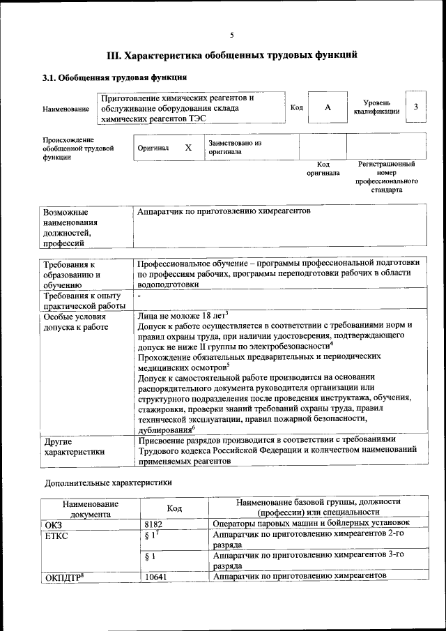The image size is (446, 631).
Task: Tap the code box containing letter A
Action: pyautogui.click(x=327, y=108)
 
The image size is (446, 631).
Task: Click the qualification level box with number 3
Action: pyautogui.click(x=415, y=107)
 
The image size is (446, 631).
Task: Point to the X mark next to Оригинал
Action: pyautogui.click(x=188, y=148)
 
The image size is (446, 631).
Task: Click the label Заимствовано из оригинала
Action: pyautogui.click(x=234, y=146)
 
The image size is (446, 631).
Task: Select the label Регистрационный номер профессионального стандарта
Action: pyautogui.click(x=386, y=176)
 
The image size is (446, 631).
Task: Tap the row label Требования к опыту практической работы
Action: pyautogui.click(x=84, y=301)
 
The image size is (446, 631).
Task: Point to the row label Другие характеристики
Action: pyautogui.click(x=75, y=446)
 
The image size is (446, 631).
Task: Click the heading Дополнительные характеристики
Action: pyautogui.click(x=108, y=482)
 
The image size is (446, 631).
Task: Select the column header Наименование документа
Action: pyautogui.click(x=90, y=509)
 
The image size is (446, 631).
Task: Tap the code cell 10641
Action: pyautogui.click(x=156, y=577)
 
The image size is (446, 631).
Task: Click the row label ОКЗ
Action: pyautogui.click(x=54, y=523)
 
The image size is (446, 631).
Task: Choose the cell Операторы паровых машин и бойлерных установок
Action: pyautogui.click(x=310, y=523)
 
